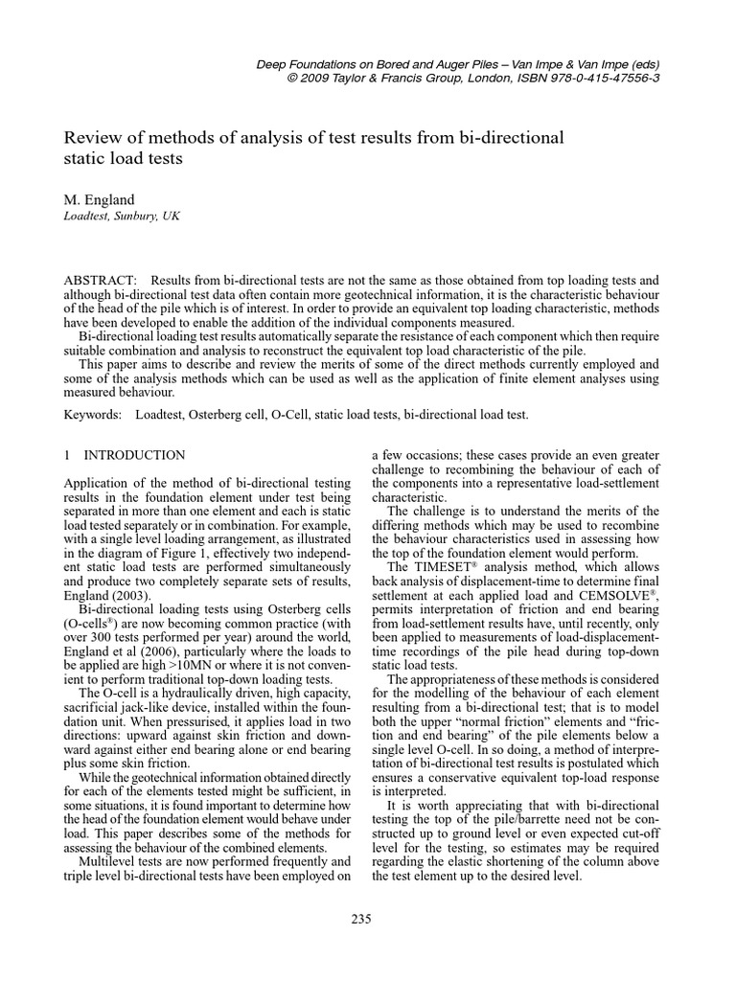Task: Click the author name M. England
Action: (x=99, y=199)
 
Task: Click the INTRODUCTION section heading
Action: (x=135, y=455)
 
